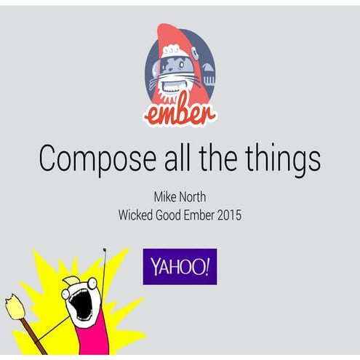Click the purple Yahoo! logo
tap(179, 266)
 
